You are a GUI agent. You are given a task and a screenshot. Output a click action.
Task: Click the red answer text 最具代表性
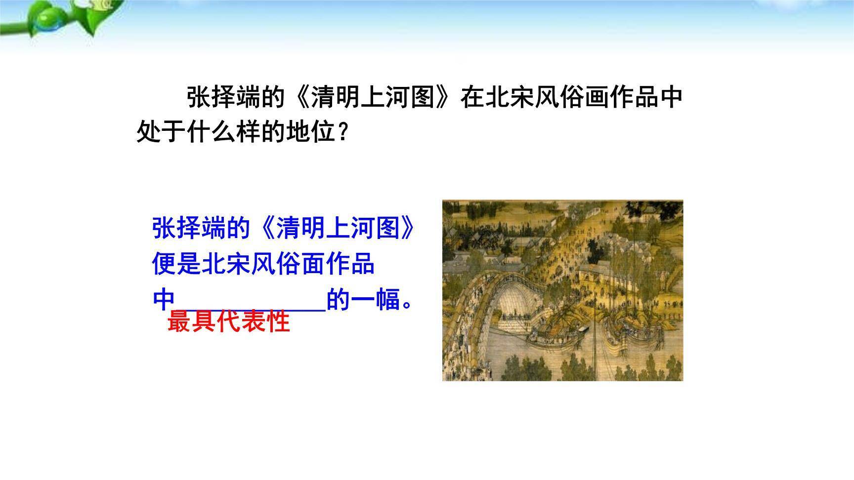click(228, 322)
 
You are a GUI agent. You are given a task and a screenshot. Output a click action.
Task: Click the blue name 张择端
click(189, 228)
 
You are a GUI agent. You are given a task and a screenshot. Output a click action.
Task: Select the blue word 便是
click(176, 264)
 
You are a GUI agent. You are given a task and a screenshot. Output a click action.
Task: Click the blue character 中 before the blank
click(164, 300)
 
